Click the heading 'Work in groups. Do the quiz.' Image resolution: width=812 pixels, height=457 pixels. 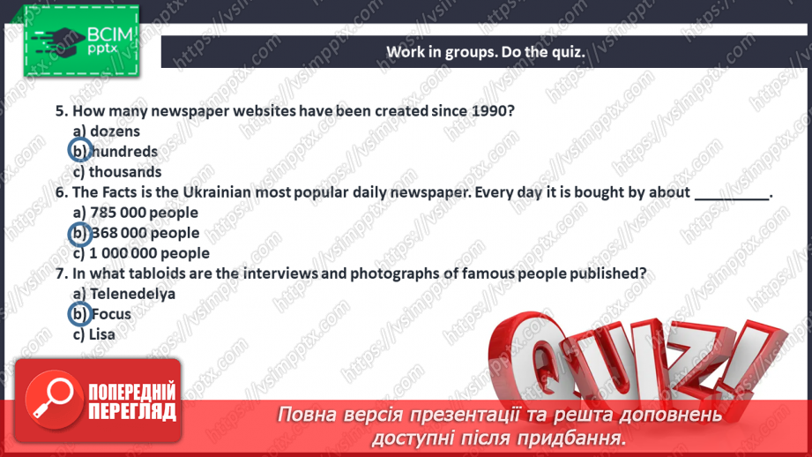coord(485,51)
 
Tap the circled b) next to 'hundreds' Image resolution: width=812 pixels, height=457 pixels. coord(79,151)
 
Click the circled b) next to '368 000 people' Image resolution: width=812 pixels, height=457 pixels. coord(79,233)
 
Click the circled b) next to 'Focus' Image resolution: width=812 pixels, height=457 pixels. coord(79,313)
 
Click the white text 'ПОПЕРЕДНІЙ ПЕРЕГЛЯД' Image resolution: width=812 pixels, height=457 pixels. coord(131,401)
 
